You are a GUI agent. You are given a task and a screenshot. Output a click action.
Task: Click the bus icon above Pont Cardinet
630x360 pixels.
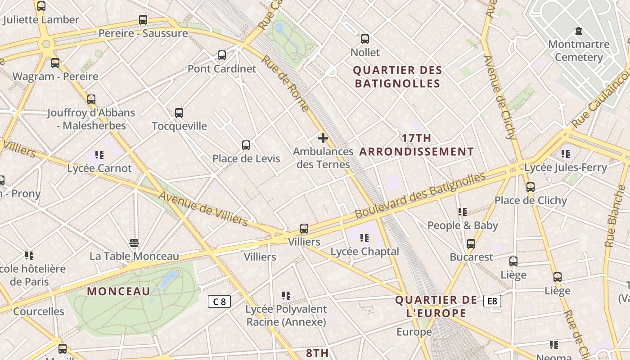(x=222, y=55)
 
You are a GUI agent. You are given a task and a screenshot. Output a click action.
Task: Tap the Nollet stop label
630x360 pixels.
(x=365, y=53)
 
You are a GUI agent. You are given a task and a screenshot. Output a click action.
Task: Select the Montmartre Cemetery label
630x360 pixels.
(x=579, y=51)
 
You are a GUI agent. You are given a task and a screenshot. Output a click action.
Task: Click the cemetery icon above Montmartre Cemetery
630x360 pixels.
(x=578, y=31)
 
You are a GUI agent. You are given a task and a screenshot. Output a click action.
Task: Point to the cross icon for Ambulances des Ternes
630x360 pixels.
(x=323, y=138)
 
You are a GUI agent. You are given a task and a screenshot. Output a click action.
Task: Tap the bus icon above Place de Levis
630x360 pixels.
(x=246, y=145)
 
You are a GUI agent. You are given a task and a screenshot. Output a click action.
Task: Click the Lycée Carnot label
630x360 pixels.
(x=99, y=169)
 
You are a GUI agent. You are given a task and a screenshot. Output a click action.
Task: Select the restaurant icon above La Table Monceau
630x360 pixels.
(x=134, y=243)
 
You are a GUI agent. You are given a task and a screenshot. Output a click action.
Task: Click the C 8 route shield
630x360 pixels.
(x=219, y=301)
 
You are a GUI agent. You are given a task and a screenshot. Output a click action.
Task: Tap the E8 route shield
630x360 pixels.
(x=492, y=301)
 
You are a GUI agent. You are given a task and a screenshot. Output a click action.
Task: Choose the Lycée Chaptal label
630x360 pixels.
(x=364, y=252)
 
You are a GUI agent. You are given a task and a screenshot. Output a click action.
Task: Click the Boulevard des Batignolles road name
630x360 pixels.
(x=420, y=195)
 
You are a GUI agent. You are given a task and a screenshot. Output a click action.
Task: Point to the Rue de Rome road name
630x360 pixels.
(x=285, y=84)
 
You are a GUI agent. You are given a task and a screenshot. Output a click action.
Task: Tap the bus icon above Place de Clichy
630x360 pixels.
(x=531, y=187)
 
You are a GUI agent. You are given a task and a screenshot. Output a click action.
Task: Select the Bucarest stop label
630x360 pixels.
(x=472, y=257)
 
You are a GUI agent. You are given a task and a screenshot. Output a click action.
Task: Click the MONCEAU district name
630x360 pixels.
(x=118, y=291)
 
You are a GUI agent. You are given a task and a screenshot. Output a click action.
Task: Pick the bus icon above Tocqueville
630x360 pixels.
(x=179, y=113)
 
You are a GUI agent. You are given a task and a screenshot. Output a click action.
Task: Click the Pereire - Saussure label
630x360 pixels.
(x=143, y=33)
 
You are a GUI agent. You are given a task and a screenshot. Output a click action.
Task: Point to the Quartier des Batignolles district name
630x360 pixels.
(x=397, y=77)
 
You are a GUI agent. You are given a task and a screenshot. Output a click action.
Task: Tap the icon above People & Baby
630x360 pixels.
(x=462, y=211)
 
